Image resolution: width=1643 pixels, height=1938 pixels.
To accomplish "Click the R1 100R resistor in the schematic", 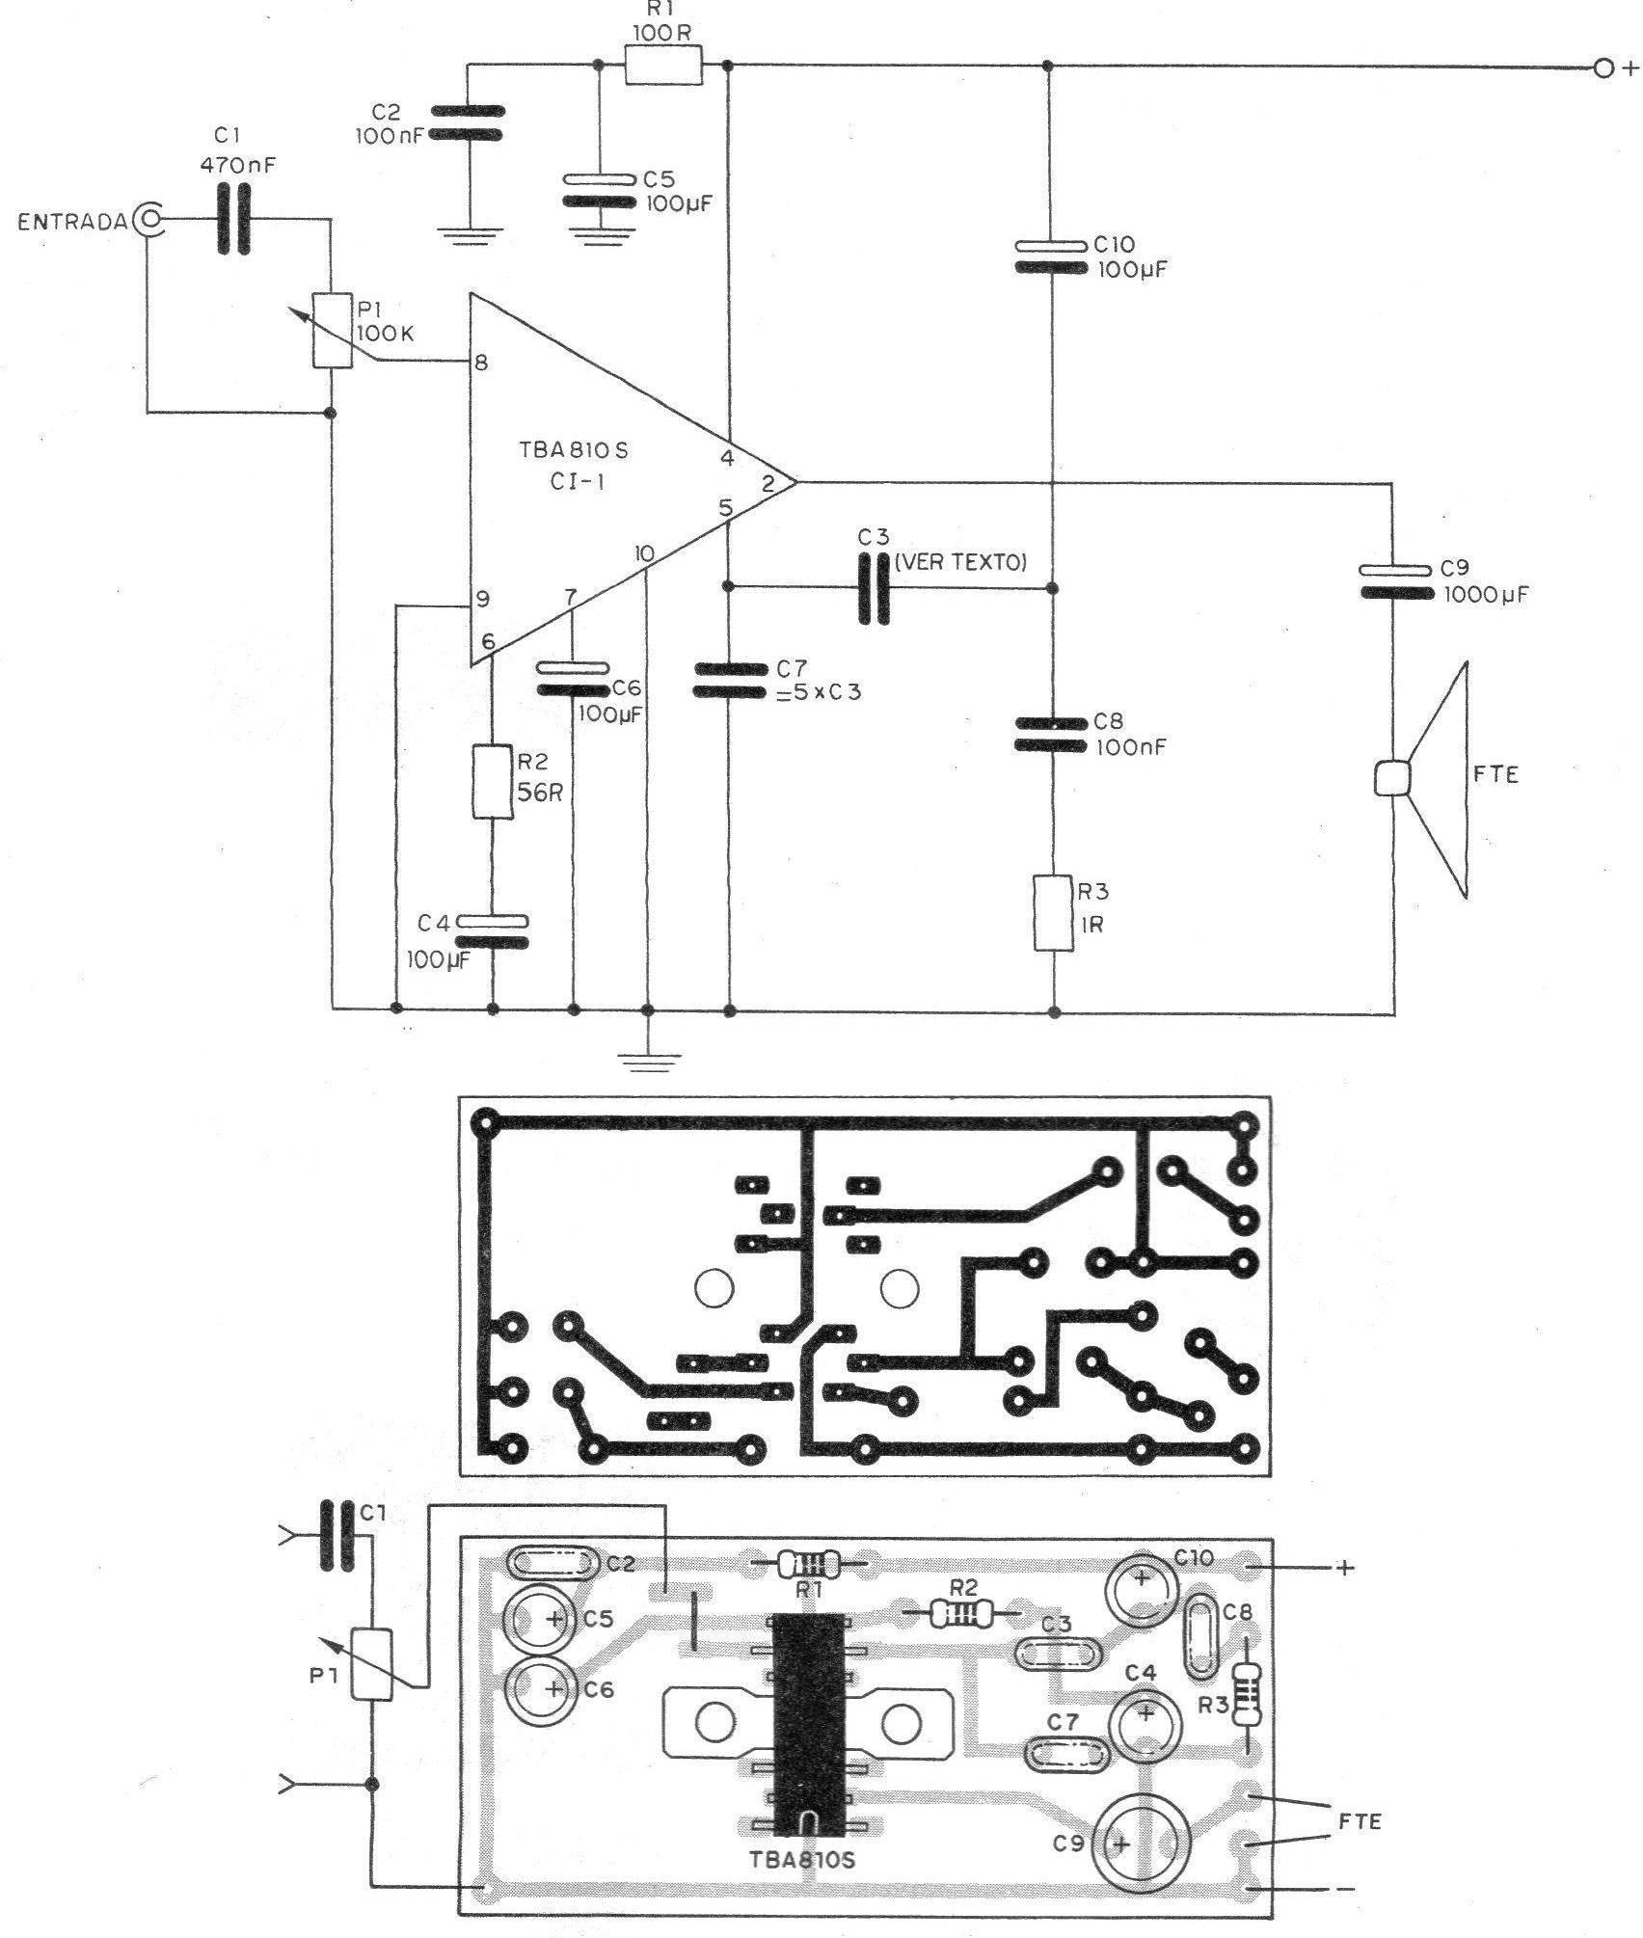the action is (x=663, y=67).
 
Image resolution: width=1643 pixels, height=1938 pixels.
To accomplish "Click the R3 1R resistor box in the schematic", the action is (x=1053, y=911).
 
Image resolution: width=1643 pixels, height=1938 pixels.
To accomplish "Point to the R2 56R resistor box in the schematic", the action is (x=492, y=780).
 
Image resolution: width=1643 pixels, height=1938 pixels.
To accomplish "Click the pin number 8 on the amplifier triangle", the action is (x=481, y=363).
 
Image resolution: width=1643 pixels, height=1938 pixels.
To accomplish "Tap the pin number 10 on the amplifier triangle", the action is (x=645, y=553).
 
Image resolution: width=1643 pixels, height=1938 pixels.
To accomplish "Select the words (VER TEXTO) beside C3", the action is (x=960, y=562).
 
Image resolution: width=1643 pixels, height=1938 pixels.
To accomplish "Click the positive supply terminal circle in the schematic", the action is (x=1603, y=68).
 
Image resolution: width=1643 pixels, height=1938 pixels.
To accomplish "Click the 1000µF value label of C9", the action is (x=1487, y=594).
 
